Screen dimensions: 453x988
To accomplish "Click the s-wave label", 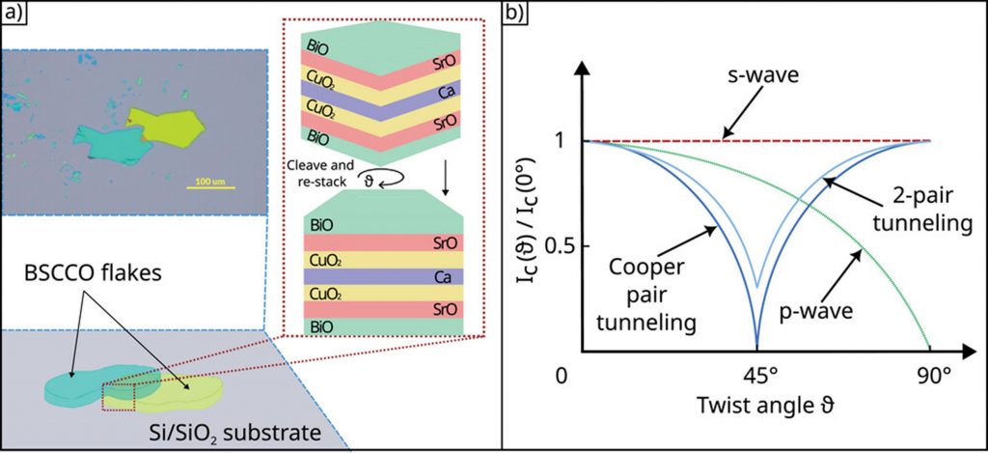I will click(x=755, y=73).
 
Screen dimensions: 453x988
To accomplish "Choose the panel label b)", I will click(x=517, y=14).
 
